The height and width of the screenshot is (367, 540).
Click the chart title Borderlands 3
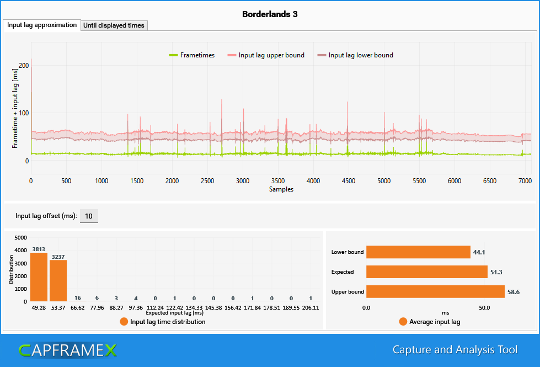coord(270,14)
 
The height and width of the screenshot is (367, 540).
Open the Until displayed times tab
coord(114,25)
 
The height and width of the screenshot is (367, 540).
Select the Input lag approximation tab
coord(42,25)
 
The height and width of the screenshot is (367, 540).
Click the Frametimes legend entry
coord(192,55)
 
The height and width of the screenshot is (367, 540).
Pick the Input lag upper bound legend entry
coord(266,55)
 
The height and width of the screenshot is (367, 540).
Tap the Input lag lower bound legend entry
coord(355,55)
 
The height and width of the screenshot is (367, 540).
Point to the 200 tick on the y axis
coord(24,66)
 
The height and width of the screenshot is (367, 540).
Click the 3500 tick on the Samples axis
coord(278,181)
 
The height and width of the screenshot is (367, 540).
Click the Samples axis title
coord(281,189)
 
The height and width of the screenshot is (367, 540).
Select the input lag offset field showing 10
coord(89,216)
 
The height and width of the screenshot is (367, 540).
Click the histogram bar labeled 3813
coord(39,277)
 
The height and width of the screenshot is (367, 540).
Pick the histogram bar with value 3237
coord(58,281)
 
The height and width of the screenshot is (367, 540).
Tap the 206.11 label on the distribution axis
coord(311,308)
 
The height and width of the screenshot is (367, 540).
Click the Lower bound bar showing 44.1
coord(418,252)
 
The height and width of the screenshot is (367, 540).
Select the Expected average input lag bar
coord(427,272)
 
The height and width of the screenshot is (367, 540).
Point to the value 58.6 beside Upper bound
coord(514,292)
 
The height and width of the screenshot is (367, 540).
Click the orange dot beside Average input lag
coord(403,322)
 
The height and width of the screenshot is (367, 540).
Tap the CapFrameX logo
coord(68,350)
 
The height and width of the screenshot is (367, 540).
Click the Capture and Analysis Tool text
coord(455,350)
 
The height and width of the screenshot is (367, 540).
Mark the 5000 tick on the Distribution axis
coord(20,238)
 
